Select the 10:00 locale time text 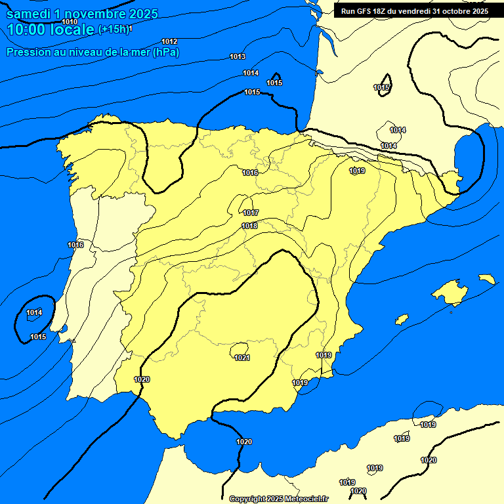click(x=51, y=30)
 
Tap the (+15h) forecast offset click(x=114, y=30)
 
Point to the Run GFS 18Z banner click(x=414, y=10)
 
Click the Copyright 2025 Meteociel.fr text click(x=278, y=499)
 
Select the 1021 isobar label click(x=242, y=358)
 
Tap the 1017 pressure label click(x=250, y=213)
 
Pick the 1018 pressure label click(x=249, y=226)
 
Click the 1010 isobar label click(x=70, y=22)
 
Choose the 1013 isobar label click(x=238, y=57)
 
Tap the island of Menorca click(x=486, y=279)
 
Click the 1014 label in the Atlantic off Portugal click(x=34, y=313)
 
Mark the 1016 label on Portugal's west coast click(x=75, y=245)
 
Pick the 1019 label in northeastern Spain click(x=357, y=171)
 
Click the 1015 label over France click(x=381, y=88)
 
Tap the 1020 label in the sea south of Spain click(x=244, y=442)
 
